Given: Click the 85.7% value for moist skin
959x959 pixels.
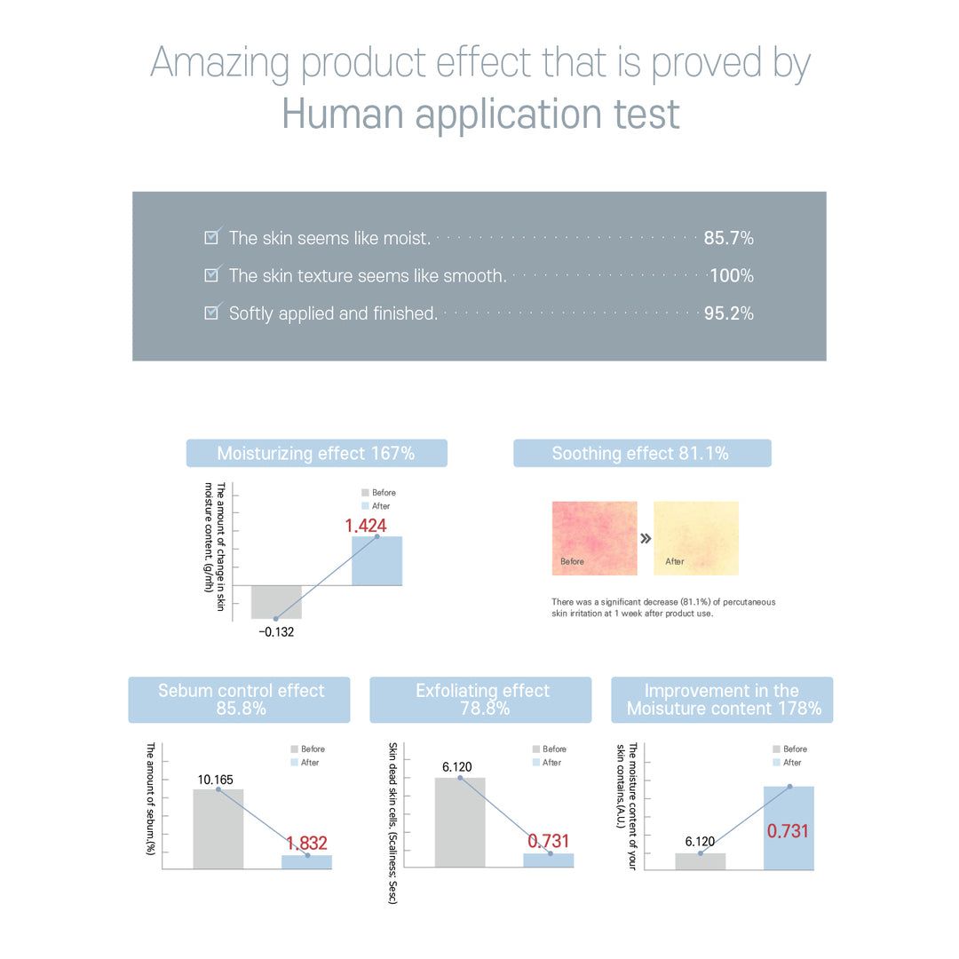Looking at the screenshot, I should (728, 238).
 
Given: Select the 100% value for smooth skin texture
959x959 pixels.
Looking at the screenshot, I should (732, 276).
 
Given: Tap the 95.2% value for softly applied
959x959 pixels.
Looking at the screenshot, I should (728, 313).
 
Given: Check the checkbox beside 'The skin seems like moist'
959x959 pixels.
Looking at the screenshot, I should (212, 236).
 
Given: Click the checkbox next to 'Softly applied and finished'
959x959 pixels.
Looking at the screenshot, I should (212, 312).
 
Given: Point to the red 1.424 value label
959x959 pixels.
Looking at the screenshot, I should (366, 526).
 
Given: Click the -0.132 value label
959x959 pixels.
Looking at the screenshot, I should (276, 632).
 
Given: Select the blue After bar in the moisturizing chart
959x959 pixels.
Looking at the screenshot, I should (376, 561).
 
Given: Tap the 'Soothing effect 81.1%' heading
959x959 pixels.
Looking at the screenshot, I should (641, 454).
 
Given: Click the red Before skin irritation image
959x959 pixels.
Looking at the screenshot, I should (594, 538).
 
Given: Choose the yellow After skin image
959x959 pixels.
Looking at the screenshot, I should (696, 538).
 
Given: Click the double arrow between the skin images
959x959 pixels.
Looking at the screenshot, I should (646, 538).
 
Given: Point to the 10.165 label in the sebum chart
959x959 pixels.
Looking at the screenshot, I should (216, 780).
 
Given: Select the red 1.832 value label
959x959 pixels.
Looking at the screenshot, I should (306, 843).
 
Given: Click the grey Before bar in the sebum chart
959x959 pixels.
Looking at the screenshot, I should (218, 828).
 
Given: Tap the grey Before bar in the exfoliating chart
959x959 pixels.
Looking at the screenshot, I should (460, 822).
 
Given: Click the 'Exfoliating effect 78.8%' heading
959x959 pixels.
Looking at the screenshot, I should (481, 700).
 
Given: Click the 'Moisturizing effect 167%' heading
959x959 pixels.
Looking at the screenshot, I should (316, 454).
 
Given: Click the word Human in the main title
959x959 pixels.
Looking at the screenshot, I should (342, 115).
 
